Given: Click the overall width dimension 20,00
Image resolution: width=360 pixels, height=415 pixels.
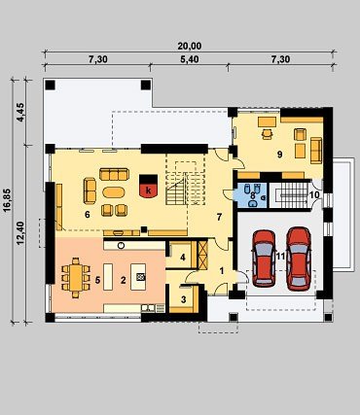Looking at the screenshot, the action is (x=190, y=47).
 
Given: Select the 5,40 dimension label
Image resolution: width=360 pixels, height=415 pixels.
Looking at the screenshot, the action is (x=190, y=59).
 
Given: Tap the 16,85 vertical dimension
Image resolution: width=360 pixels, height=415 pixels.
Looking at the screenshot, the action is (x=8, y=200).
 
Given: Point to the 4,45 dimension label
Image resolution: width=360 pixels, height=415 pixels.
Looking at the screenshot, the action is (x=20, y=112).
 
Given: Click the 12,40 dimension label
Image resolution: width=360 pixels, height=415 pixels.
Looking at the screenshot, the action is (x=20, y=233).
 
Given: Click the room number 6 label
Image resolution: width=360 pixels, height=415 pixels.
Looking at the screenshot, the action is (x=87, y=215).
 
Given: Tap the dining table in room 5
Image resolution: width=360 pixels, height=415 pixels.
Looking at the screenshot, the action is (x=76, y=278).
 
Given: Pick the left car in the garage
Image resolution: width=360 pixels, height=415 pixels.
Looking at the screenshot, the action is (x=264, y=259).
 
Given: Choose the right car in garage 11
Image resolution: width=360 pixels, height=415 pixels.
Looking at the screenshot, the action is (x=299, y=259).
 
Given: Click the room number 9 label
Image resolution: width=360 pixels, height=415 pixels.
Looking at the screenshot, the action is (x=279, y=155).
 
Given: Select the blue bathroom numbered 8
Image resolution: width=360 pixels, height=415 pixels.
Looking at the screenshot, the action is (x=252, y=195).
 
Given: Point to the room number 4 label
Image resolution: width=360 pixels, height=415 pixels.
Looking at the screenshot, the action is (x=183, y=258).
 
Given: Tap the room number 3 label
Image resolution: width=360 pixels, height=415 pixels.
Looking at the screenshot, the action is (x=183, y=299).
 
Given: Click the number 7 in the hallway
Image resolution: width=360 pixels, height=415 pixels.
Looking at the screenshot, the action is (x=219, y=218).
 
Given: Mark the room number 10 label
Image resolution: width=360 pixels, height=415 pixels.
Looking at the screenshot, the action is (x=314, y=195).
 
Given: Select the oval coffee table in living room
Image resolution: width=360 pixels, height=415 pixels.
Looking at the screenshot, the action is (x=114, y=192).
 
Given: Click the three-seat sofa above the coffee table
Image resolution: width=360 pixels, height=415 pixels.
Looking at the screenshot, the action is (x=114, y=174).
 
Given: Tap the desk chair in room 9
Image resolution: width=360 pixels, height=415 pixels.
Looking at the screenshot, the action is (x=267, y=134).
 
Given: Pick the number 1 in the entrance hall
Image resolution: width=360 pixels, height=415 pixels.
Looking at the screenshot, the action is (x=222, y=271).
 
